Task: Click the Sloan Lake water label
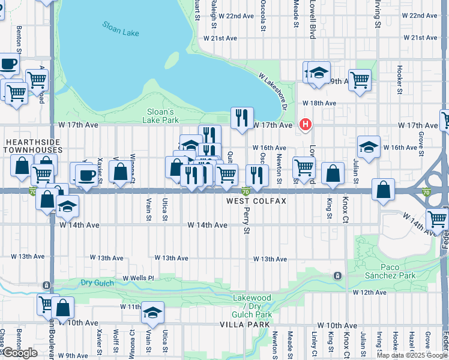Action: [121, 29]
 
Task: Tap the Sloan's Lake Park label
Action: [161, 116]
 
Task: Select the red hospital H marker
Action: [306, 125]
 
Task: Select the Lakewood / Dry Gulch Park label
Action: [252, 306]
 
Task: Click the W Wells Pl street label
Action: [139, 278]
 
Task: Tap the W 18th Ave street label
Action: [319, 103]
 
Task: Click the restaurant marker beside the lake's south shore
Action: [242, 118]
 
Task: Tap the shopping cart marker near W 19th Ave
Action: [360, 79]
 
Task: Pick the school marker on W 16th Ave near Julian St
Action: [369, 146]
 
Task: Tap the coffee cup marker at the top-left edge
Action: [8, 62]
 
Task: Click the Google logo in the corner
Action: [20, 353]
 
